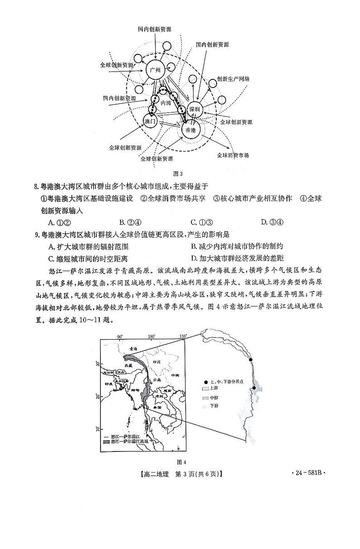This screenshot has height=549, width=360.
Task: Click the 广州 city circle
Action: pos(155,69)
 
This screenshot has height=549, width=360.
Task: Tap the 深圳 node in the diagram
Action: pos(195,109)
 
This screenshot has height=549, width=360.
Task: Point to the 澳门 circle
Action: pos(150,121)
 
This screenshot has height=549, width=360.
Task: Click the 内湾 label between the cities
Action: pos(166,103)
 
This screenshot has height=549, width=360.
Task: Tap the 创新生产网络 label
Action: pos(233,78)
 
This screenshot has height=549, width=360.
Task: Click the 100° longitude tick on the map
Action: pos(151,336)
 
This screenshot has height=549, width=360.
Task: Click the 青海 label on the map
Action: pos(133,349)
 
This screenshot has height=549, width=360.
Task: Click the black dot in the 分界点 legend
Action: pos(206,382)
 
